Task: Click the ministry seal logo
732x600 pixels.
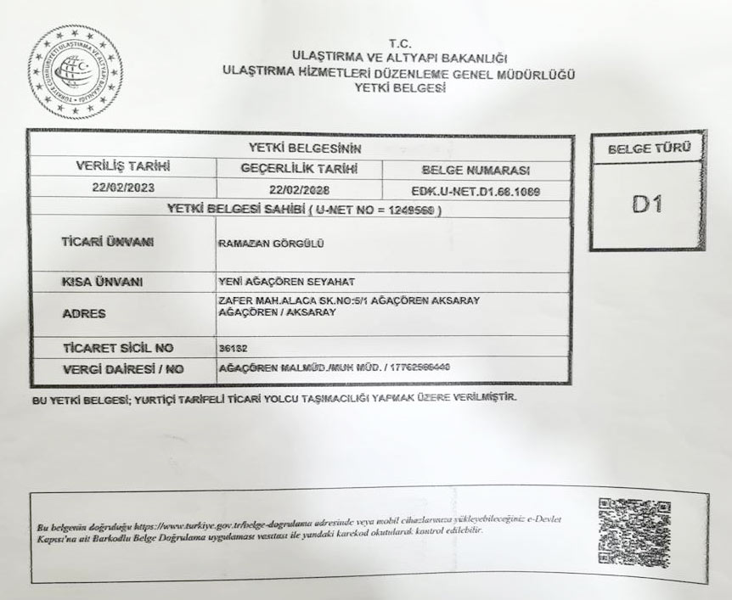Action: tap(76, 73)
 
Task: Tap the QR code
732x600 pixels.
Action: tap(634, 533)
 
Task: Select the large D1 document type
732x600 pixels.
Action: tap(647, 205)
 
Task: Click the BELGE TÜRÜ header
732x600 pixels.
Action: tap(649, 149)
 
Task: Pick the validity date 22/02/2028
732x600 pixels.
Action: tap(299, 189)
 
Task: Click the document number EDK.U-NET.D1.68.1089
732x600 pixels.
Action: tap(476, 190)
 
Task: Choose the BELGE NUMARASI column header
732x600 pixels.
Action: tap(476, 168)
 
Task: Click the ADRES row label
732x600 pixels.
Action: tap(84, 314)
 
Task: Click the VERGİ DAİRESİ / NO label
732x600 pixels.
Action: tap(123, 369)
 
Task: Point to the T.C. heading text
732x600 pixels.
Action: tap(399, 42)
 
